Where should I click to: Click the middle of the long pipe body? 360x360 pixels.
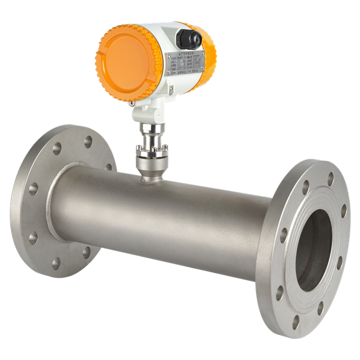click(x=163, y=217)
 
